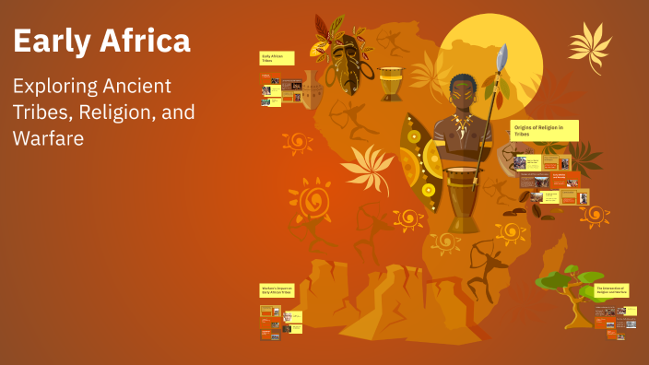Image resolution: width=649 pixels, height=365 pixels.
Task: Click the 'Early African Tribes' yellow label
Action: coord(277,59)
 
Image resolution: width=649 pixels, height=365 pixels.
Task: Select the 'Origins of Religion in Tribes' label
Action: coord(544,130)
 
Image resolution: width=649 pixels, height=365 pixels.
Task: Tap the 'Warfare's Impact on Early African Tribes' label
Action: coord(277,290)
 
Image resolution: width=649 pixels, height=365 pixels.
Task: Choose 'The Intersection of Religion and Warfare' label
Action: coord(611,290)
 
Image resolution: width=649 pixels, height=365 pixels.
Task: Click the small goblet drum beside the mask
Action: coord(391,84)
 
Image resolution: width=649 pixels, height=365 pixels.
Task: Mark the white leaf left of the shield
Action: coord(367,168)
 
